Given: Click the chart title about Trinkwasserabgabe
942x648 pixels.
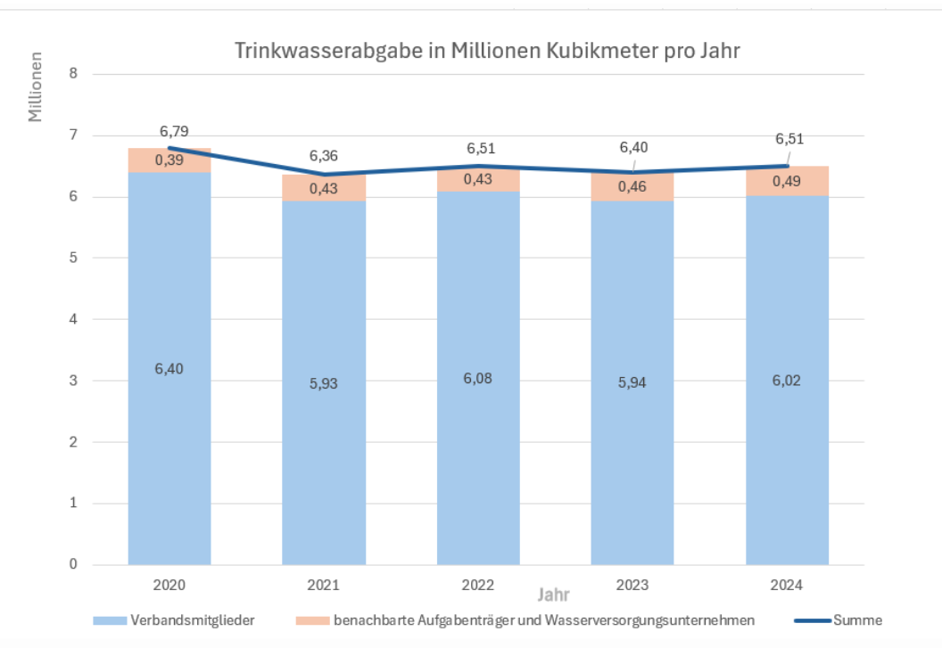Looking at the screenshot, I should pos(487,51).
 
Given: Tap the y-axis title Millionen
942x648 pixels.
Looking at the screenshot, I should pos(36,86).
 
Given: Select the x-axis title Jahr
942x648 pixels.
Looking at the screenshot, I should pos(553,593).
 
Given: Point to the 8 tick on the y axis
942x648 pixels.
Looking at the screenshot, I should pos(73,74).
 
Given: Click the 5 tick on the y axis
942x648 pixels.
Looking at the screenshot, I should pos(73,258).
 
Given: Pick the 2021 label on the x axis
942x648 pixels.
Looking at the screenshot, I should pos(324,585).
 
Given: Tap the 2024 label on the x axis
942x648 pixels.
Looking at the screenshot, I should pos(787,585).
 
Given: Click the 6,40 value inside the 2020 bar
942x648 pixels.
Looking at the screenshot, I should pos(169,368).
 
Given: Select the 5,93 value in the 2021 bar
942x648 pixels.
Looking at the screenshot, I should pos(324,383).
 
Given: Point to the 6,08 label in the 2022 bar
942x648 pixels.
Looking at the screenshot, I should pos(478,378).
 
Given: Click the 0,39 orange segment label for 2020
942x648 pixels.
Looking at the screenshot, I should pos(169,160).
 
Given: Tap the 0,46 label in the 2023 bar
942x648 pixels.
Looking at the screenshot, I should pos(632,188).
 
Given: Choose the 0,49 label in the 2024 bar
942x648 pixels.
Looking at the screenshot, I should pos(787,181).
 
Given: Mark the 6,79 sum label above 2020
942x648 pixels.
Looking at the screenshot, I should pos(175,132).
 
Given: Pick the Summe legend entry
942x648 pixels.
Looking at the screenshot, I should pos(857,619).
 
